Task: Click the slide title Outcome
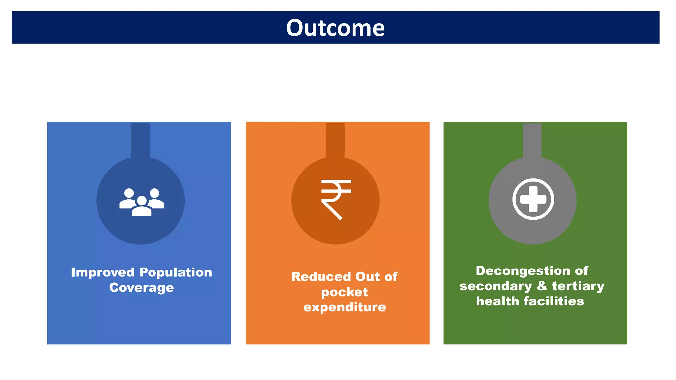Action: tap(335, 28)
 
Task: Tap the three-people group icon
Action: tap(142, 202)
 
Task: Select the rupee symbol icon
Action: tap(336, 200)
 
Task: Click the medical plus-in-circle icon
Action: tap(533, 199)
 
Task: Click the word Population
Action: tap(176, 272)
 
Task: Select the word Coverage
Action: tap(141, 288)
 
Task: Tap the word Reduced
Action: tap(321, 277)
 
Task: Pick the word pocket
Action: tap(344, 292)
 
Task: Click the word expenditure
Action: tap(344, 307)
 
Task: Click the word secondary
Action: tap(496, 286)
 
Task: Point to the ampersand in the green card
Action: tap(542, 286)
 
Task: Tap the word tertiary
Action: tap(578, 286)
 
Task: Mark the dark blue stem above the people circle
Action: tap(140, 140)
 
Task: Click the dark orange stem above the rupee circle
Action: tap(335, 140)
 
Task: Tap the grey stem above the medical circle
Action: tap(532, 140)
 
